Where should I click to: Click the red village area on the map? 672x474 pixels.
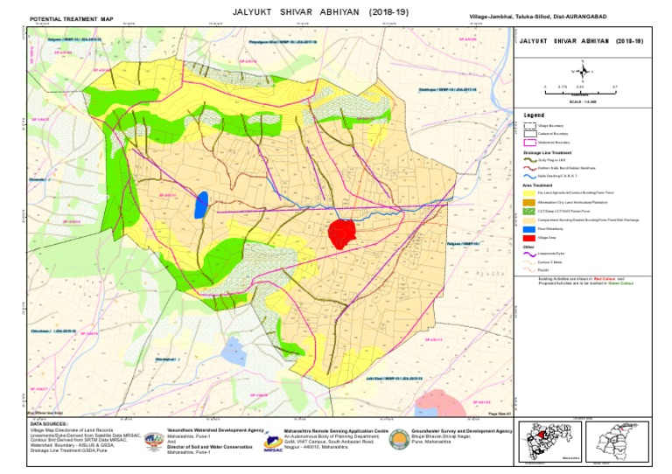tap(341, 234)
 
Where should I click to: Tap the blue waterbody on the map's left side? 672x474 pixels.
tap(201, 203)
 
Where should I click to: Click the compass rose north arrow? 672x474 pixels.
tap(579, 71)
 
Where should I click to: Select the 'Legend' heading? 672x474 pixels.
tap(534, 115)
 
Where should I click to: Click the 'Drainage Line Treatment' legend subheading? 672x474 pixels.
tap(550, 152)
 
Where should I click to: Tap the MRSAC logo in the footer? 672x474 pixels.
tap(272, 440)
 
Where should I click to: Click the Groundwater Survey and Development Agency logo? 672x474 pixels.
tap(398, 439)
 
